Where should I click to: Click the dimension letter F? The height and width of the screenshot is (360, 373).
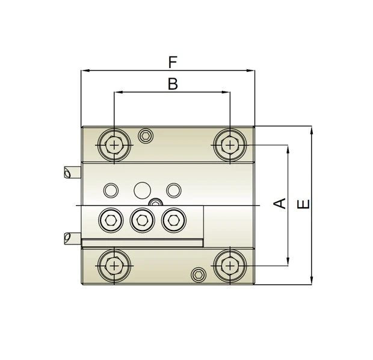(173, 62)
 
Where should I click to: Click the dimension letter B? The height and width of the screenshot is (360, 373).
(173, 84)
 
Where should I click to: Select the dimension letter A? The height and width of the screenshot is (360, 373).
(280, 203)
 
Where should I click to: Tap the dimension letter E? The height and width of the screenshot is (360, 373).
(304, 204)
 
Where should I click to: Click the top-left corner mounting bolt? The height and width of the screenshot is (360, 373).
(114, 145)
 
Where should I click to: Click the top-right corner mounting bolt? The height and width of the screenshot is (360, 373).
(229, 145)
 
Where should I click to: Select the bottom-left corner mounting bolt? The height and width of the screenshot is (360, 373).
(114, 265)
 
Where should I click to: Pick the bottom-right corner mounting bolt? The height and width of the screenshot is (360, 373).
(229, 265)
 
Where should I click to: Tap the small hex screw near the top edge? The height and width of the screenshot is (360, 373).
(145, 136)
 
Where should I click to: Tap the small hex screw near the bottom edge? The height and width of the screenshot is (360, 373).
(198, 275)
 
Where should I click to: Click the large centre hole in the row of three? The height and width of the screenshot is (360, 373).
(143, 191)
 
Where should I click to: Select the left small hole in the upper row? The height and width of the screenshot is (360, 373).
(111, 191)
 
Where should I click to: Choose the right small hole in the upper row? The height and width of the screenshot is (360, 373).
(173, 191)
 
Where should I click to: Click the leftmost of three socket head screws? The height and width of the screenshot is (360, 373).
(110, 220)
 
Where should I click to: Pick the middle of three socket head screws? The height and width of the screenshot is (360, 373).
(142, 220)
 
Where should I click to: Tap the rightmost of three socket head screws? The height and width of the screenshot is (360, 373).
(173, 220)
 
